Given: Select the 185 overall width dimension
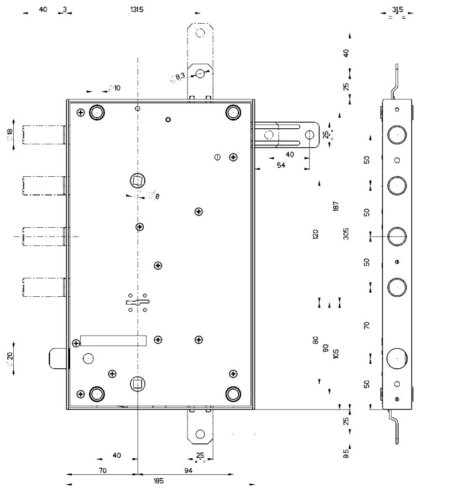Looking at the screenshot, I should click(x=159, y=481).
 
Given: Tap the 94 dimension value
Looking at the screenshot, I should click(x=188, y=470).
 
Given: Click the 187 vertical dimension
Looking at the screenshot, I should click(x=336, y=206).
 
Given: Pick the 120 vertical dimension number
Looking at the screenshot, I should click(x=316, y=234).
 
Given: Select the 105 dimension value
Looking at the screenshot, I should click(x=336, y=353).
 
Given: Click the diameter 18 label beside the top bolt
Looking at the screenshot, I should click(x=11, y=135).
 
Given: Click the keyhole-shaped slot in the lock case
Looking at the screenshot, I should click(x=138, y=302).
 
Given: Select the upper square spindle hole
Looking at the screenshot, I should click(x=137, y=180).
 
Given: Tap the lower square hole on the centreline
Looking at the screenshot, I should click(x=137, y=383).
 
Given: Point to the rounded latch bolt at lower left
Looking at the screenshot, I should click(x=57, y=358).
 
